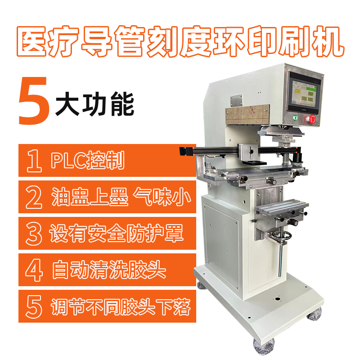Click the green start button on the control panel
tap(296, 118)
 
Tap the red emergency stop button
tap(312, 119)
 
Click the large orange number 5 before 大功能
tap(34, 101)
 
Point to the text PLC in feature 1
tap(68, 160)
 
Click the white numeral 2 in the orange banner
tap(34, 197)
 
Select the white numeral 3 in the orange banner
tap(34, 234)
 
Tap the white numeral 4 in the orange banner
tap(34, 270)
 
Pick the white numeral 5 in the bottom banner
tap(34, 307)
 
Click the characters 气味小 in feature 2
tap(162, 197)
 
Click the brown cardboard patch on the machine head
tap(247, 114)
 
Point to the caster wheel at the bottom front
tap(264, 346)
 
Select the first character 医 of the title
tap(32, 41)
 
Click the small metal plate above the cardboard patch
tap(237, 100)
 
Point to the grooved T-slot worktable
tap(282, 206)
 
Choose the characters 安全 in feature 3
tap(107, 233)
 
